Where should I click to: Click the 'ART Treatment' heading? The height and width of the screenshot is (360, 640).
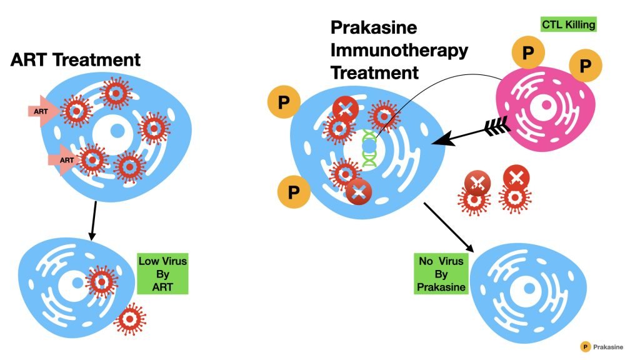76,61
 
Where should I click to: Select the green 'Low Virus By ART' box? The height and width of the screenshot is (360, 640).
163,272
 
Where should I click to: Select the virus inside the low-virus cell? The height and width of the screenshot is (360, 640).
101,282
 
